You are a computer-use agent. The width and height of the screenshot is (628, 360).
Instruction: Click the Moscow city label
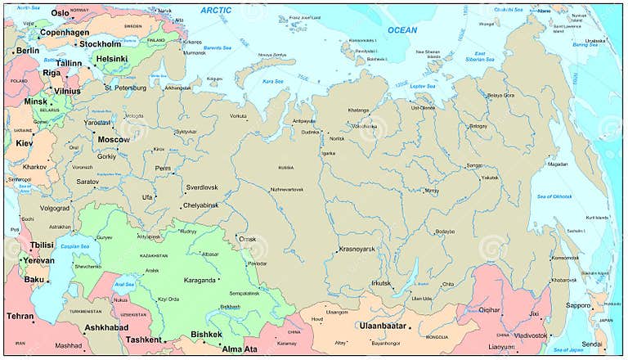coord(114,139)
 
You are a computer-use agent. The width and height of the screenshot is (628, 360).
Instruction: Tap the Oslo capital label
coord(61,13)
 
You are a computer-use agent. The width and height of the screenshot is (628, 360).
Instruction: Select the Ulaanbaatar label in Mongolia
coord(384,326)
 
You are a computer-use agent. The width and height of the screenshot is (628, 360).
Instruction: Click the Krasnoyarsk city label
coord(357,249)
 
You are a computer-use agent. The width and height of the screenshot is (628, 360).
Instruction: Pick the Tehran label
coord(20,316)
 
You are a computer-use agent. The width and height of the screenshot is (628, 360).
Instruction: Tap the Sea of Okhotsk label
coord(554,196)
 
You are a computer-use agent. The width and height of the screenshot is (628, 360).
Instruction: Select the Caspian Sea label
coord(74,245)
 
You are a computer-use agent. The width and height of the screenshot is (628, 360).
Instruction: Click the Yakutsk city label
coord(489,178)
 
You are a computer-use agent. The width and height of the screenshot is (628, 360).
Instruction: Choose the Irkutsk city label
coord(381,283)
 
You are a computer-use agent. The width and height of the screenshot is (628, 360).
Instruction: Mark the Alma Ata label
coord(240,349)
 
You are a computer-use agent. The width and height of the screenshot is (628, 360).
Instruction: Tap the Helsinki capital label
coord(111,59)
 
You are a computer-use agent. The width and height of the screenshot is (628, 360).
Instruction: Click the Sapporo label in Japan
coord(578,305)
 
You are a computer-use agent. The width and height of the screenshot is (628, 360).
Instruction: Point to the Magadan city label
coord(558,164)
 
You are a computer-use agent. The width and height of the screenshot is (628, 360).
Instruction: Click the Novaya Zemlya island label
coord(271,55)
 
